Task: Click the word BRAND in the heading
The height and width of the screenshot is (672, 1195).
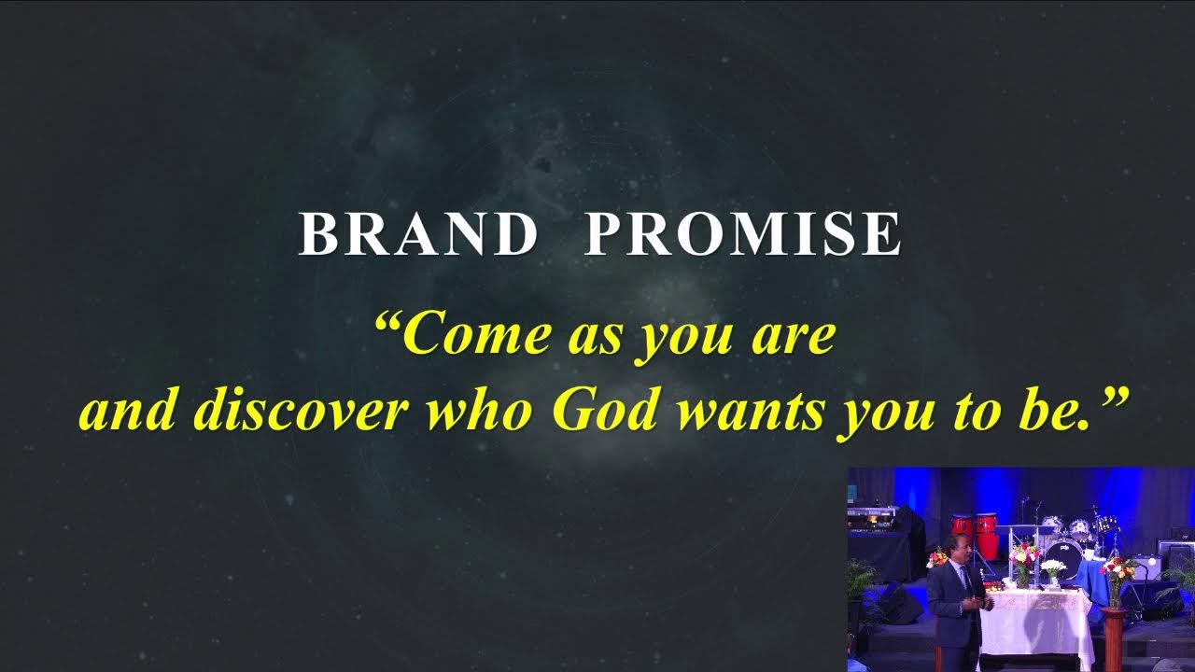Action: tap(417, 234)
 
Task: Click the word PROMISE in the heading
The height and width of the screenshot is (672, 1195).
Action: tap(743, 234)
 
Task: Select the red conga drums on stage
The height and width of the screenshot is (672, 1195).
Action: tap(975, 534)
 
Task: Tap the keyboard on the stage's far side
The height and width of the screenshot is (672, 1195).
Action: tap(873, 514)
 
